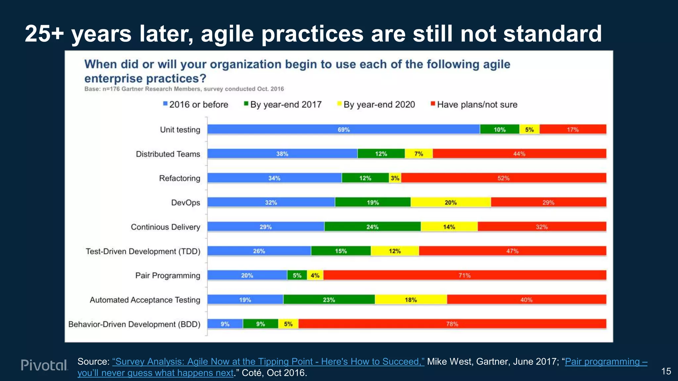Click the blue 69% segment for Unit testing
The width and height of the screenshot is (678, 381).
click(x=343, y=129)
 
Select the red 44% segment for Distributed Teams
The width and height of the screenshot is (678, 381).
click(x=519, y=154)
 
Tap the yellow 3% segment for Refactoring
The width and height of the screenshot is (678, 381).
click(x=395, y=178)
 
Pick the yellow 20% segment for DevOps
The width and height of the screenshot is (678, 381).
click(x=451, y=202)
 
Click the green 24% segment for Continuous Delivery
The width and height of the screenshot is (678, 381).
click(x=372, y=227)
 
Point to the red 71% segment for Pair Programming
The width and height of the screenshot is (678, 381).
click(x=464, y=275)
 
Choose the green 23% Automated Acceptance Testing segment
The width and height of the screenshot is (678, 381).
click(x=329, y=300)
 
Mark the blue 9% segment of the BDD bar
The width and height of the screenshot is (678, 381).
click(x=225, y=324)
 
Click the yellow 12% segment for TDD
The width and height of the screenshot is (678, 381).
click(x=395, y=251)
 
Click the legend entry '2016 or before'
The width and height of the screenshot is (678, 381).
click(x=198, y=105)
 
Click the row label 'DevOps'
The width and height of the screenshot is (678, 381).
click(x=185, y=202)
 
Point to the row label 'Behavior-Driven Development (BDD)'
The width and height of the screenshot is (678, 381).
click(x=134, y=324)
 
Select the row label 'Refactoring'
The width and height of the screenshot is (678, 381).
click(x=179, y=178)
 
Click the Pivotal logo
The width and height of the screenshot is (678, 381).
click(x=44, y=365)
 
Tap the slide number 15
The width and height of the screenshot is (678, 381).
click(x=666, y=371)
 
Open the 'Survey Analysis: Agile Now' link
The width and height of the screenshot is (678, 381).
click(x=268, y=361)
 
